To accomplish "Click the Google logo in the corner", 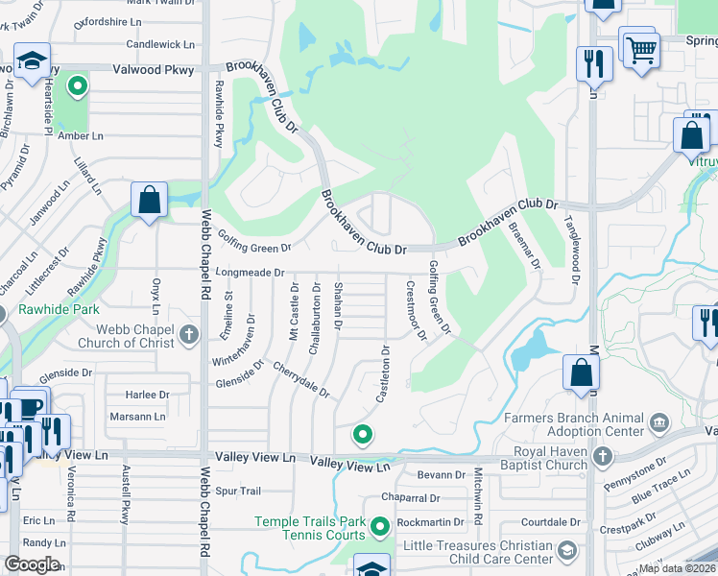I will (32, 564).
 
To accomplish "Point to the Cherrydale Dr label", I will (300, 380).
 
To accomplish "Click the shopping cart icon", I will (640, 49).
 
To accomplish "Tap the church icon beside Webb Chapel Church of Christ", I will (189, 334).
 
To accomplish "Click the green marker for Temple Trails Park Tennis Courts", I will (380, 526).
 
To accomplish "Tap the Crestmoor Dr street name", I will (415, 310).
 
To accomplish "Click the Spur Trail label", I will (238, 491).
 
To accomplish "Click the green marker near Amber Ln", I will (77, 87).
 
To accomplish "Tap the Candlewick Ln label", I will (160, 44).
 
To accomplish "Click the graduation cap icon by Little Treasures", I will (567, 550).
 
